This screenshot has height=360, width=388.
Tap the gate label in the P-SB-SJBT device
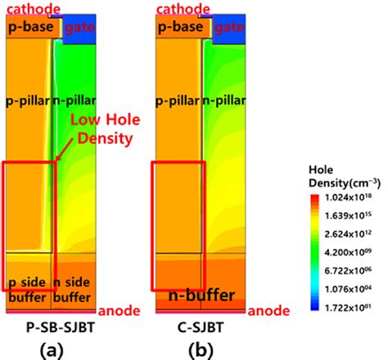[x=79, y=28]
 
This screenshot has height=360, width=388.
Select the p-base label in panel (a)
[x=32, y=27]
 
